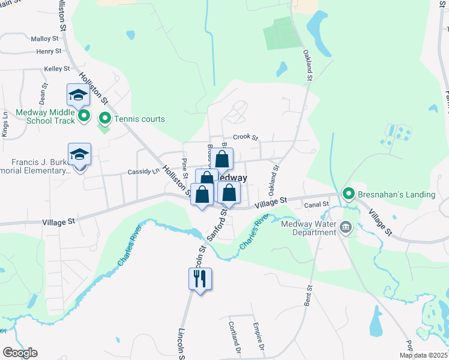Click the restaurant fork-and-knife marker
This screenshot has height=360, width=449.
(x=200, y=278)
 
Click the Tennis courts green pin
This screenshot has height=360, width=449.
(x=104, y=118)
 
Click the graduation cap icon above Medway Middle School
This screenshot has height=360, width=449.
(x=78, y=95)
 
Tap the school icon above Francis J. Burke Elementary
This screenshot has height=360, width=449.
(x=79, y=155)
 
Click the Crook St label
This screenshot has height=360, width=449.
(x=245, y=137)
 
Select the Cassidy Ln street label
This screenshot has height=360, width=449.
(x=142, y=172)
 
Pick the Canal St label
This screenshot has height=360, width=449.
(x=318, y=205)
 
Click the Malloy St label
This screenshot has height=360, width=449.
(x=45, y=38)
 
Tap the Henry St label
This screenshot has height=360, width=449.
(x=46, y=52)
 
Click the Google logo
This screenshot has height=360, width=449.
(x=20, y=353)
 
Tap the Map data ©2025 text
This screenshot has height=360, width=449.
(x=424, y=355)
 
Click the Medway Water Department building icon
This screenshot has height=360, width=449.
(x=346, y=227)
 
